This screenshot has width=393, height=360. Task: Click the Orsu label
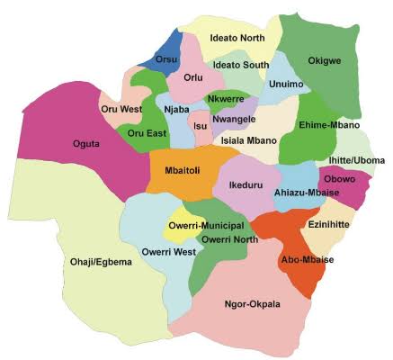tap(167, 59)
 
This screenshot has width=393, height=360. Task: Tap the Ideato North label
tap(238, 38)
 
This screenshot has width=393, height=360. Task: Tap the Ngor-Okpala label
tap(252, 304)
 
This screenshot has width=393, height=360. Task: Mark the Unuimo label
tap(286, 84)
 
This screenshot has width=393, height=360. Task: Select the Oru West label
tap(122, 110)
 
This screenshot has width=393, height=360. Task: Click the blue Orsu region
tap(165, 49)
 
